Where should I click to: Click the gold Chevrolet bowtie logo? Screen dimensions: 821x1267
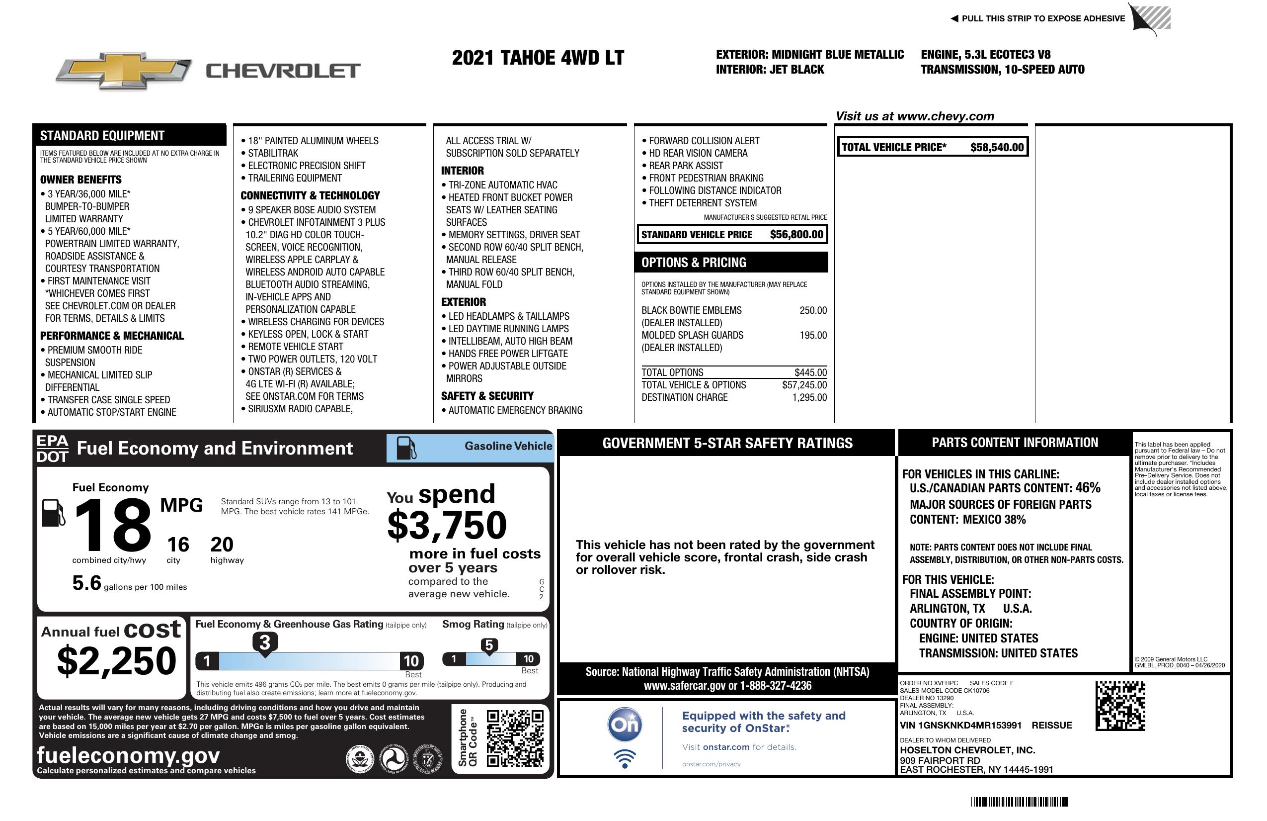(x=124, y=70)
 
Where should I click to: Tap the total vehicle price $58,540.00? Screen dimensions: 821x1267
(x=997, y=148)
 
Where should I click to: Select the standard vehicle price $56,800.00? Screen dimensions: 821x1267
(x=796, y=234)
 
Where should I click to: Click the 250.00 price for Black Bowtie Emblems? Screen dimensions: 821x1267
(x=813, y=311)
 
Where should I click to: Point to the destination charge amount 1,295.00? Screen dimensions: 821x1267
(x=809, y=397)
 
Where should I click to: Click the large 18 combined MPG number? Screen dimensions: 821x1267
(x=113, y=525)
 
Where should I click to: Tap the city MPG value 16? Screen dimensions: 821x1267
(x=178, y=545)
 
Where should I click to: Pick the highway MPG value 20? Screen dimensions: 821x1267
(x=222, y=545)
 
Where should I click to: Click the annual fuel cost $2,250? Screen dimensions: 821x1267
(x=116, y=661)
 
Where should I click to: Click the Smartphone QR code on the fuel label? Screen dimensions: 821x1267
(x=515, y=738)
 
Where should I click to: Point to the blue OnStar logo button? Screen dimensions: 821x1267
(x=625, y=725)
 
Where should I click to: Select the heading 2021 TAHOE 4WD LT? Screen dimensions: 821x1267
(x=538, y=58)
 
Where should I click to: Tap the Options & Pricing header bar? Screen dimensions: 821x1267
(x=731, y=263)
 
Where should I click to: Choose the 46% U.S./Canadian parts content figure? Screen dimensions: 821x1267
(x=1088, y=488)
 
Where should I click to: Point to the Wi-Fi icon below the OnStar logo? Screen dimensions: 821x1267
(x=625, y=759)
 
